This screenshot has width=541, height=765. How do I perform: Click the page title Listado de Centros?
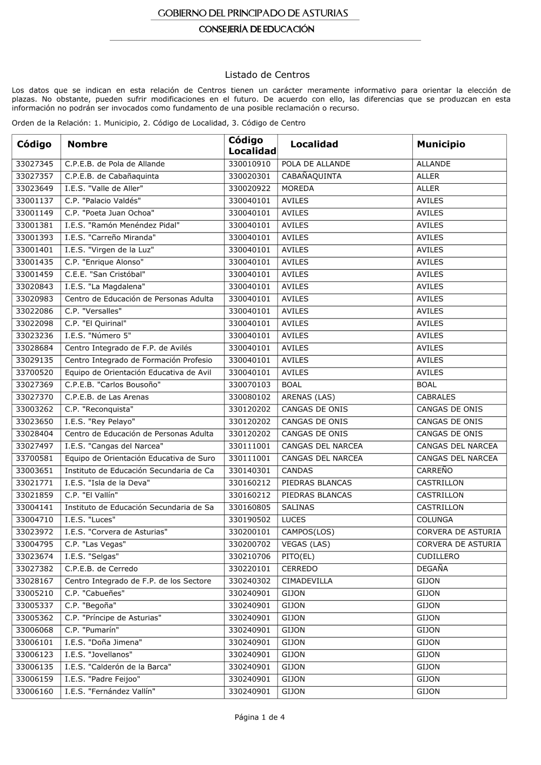267,75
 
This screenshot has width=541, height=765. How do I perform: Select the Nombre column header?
87,144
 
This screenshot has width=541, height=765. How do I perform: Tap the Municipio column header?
441,144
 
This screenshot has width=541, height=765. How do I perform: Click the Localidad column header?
314,144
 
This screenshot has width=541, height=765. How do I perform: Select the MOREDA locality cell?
298,189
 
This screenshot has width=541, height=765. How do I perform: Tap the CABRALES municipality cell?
436,397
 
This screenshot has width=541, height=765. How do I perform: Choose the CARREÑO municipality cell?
434,470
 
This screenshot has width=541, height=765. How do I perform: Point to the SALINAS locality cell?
298,507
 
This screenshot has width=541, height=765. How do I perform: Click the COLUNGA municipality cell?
434,520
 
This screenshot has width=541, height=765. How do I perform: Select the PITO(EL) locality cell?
298,556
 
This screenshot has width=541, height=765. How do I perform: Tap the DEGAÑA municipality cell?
432,569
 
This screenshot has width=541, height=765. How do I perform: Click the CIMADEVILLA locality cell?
307,581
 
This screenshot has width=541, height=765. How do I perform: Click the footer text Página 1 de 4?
260,717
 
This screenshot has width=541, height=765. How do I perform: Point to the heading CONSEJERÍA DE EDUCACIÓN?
256,29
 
